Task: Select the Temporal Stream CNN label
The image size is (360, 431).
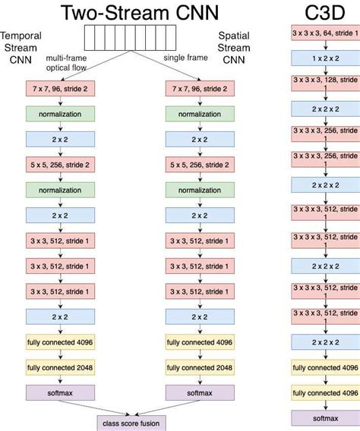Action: (21, 49)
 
